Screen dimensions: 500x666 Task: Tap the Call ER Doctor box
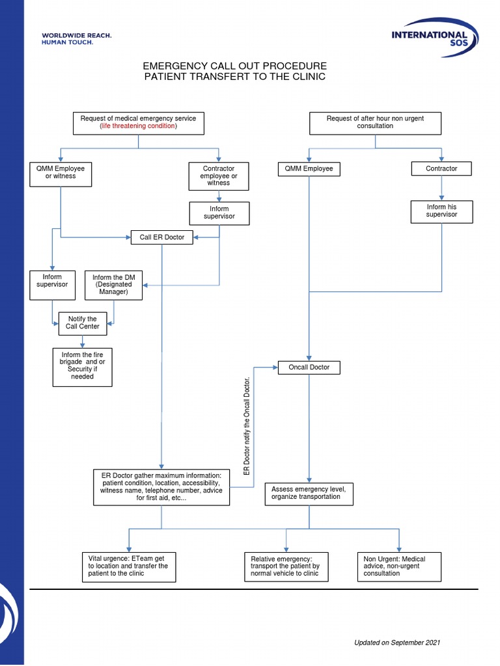162,237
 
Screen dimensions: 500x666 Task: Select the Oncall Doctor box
309,367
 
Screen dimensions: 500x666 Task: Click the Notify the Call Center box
83,324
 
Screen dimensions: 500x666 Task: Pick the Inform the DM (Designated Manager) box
113,285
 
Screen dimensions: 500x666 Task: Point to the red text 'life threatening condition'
139,126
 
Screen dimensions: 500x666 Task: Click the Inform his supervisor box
442,211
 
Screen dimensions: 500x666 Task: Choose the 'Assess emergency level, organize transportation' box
309,494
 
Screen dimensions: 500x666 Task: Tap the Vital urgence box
129,567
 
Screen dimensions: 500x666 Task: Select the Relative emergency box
286,567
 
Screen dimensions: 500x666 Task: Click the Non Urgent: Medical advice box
399,567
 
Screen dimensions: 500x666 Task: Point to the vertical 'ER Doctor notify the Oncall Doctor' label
247,427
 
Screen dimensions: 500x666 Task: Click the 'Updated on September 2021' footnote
397,643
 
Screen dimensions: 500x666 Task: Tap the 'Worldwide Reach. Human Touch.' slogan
77,38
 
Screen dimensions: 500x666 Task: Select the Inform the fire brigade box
83,367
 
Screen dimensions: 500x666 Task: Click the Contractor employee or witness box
219,176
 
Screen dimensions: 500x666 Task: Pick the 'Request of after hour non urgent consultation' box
376,124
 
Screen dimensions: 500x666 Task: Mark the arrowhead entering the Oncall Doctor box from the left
275,367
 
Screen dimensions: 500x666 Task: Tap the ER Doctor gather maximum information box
161,487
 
